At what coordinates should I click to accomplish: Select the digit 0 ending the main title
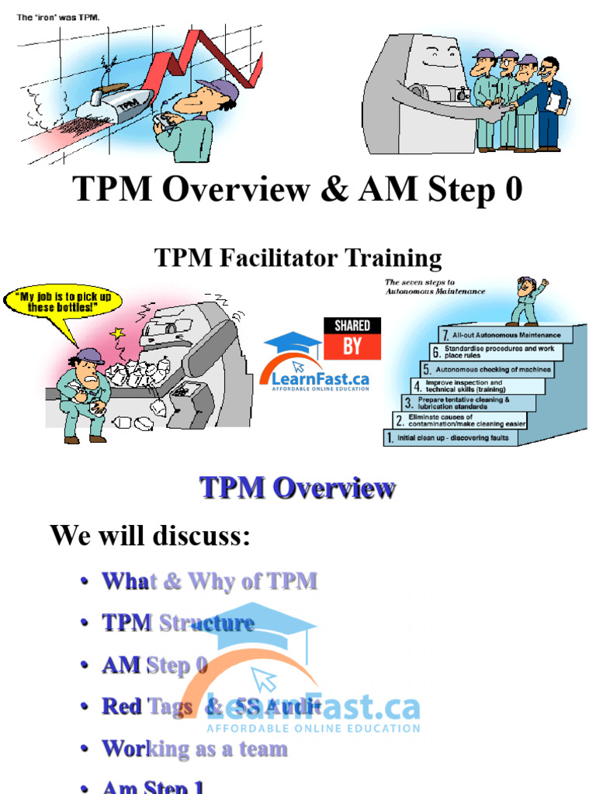(x=512, y=190)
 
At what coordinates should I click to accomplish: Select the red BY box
(x=352, y=347)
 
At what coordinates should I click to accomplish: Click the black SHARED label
(x=352, y=326)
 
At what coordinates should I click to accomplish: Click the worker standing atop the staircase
(x=527, y=301)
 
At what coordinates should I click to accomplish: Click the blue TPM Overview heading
(x=298, y=488)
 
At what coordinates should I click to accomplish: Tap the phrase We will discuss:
(x=151, y=535)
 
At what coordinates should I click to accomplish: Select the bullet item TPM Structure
(x=178, y=623)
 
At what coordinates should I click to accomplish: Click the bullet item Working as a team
(x=194, y=749)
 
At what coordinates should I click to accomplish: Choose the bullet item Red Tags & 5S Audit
(x=211, y=706)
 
